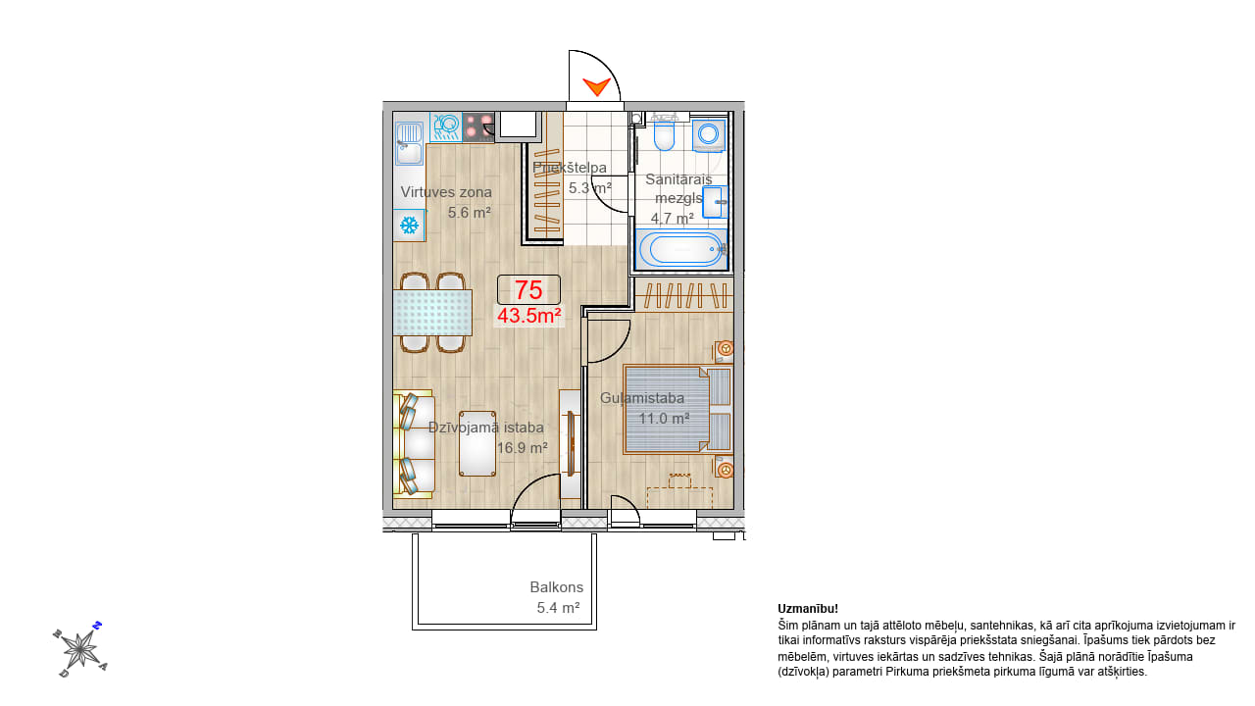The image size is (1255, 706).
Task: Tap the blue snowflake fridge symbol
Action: point(409,226)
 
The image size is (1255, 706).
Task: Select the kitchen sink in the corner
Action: point(409,143)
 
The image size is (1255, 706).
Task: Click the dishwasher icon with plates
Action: point(445,126)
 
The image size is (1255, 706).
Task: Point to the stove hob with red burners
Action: point(477,126)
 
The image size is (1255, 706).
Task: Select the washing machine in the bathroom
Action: point(709,135)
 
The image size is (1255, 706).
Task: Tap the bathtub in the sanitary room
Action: point(680,249)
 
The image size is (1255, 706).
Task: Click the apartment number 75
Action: point(528,289)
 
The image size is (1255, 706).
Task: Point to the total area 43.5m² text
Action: point(528,316)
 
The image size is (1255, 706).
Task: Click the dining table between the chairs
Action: point(432,312)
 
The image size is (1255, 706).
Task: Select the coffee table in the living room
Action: point(477,444)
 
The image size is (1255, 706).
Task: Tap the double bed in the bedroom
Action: point(678,409)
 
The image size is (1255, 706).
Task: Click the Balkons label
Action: point(556,587)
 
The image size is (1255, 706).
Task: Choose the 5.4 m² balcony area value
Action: point(558,608)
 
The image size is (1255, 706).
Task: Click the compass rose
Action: point(80,649)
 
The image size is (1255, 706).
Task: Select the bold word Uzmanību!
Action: point(808,609)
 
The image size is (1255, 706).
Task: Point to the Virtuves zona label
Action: point(446,192)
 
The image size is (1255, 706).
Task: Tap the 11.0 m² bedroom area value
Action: point(664,419)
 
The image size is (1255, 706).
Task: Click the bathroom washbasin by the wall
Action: point(715,202)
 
